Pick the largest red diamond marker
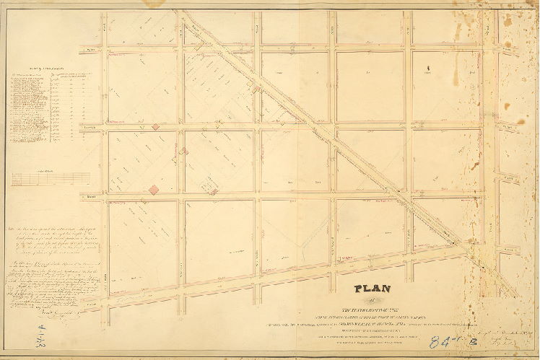(153, 190)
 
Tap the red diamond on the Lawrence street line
(155, 127)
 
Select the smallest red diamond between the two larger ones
(183, 151)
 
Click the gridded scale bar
(51, 178)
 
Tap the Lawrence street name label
(90, 127)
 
